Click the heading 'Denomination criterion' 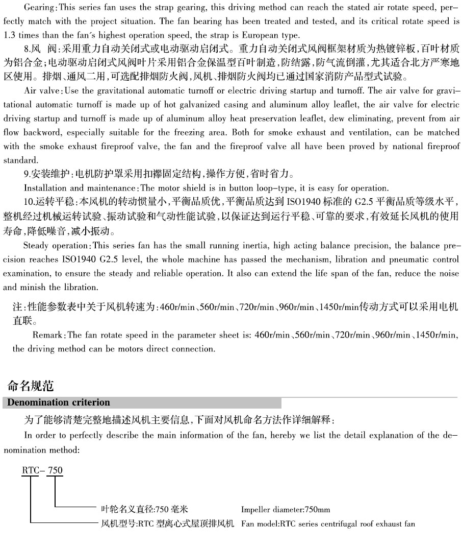click(x=57, y=402)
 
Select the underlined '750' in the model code click(x=55, y=470)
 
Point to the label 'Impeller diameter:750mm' click(x=286, y=510)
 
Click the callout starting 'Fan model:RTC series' click(x=328, y=524)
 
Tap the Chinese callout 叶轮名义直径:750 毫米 click(x=141, y=510)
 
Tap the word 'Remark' click(x=47, y=336)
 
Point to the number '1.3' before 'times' click(x=10, y=36)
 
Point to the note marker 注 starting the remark click(x=17, y=308)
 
